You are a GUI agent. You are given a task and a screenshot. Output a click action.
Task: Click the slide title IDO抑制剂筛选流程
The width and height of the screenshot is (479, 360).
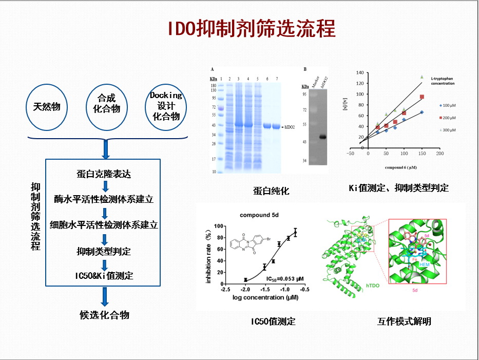tap(252, 29)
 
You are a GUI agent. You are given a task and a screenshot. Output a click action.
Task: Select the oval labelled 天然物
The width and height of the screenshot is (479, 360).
tap(47, 107)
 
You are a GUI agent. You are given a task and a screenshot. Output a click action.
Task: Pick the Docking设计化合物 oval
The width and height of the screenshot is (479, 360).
tap(166, 106)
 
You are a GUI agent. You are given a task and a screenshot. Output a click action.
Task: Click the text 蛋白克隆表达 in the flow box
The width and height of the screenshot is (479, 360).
tap(103, 174)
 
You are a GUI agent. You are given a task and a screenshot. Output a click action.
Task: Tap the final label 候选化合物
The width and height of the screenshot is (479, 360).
tap(104, 315)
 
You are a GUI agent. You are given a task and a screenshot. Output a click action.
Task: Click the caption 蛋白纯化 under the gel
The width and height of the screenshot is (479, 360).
tap(271, 191)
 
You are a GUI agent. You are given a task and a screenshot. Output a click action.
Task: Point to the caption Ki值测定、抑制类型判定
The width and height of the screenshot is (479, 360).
tap(398, 188)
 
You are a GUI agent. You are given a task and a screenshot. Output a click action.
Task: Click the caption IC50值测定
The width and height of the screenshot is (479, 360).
tap(273, 321)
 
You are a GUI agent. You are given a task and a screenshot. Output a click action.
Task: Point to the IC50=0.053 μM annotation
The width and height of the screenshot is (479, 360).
tap(285, 278)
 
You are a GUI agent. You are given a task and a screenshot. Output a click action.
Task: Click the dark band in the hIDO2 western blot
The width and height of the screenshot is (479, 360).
tap(323, 137)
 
